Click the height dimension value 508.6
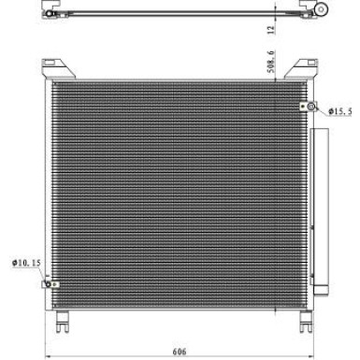270,63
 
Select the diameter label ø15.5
342,111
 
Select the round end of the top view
323,9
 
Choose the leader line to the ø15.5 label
323,108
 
